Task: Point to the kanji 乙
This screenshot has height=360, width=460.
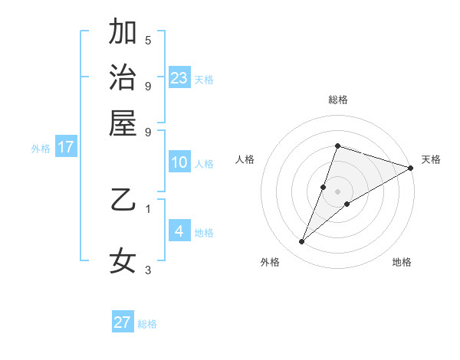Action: [x=123, y=201]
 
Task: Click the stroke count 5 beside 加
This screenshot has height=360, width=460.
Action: [x=148, y=40]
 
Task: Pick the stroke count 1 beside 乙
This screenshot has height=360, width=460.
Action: [x=148, y=208]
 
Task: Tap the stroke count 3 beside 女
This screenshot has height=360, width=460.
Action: [x=148, y=270]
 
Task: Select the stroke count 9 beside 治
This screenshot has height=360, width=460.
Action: [x=148, y=86]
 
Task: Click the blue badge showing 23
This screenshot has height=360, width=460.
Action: [x=179, y=78]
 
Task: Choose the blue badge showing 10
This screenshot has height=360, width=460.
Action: [x=179, y=162]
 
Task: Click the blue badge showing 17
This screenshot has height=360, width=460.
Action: [x=65, y=147]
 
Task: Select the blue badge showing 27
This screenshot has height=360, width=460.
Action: [x=123, y=322]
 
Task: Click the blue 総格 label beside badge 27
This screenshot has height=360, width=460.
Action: [x=147, y=324]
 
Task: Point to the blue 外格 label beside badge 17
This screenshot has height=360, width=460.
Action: [x=41, y=149]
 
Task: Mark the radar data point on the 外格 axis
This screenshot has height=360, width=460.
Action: [x=302, y=242]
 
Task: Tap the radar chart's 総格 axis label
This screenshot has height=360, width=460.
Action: [x=337, y=100]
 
